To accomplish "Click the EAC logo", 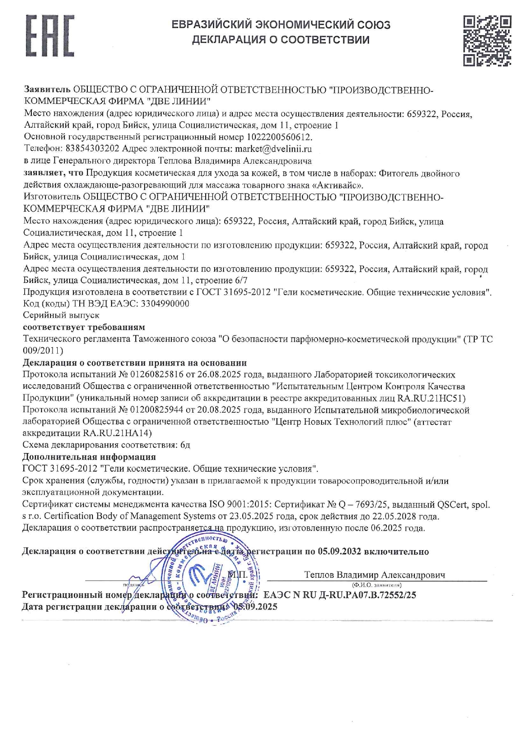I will (50, 36).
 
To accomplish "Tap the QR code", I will (487, 40).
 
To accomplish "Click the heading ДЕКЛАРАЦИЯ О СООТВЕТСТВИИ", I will (281, 40).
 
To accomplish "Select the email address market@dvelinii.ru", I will (273, 149).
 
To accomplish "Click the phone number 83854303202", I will (92, 149).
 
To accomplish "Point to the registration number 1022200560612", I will (278, 137).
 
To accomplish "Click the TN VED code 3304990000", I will (165, 304).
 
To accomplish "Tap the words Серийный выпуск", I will (61, 315).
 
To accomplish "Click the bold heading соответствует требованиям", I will (84, 327).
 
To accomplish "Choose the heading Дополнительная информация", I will (89, 457).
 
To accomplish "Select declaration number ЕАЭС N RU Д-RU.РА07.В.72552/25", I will (339, 595).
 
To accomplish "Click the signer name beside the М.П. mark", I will (375, 575).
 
